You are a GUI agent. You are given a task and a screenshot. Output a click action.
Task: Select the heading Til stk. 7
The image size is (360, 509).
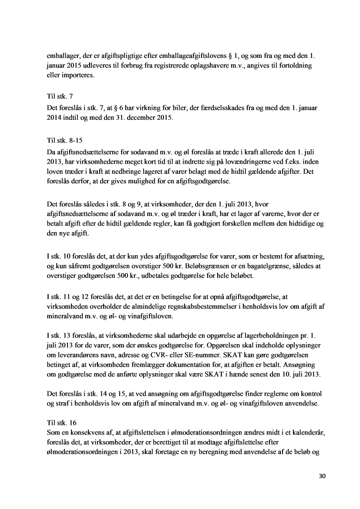(x=58, y=96)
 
